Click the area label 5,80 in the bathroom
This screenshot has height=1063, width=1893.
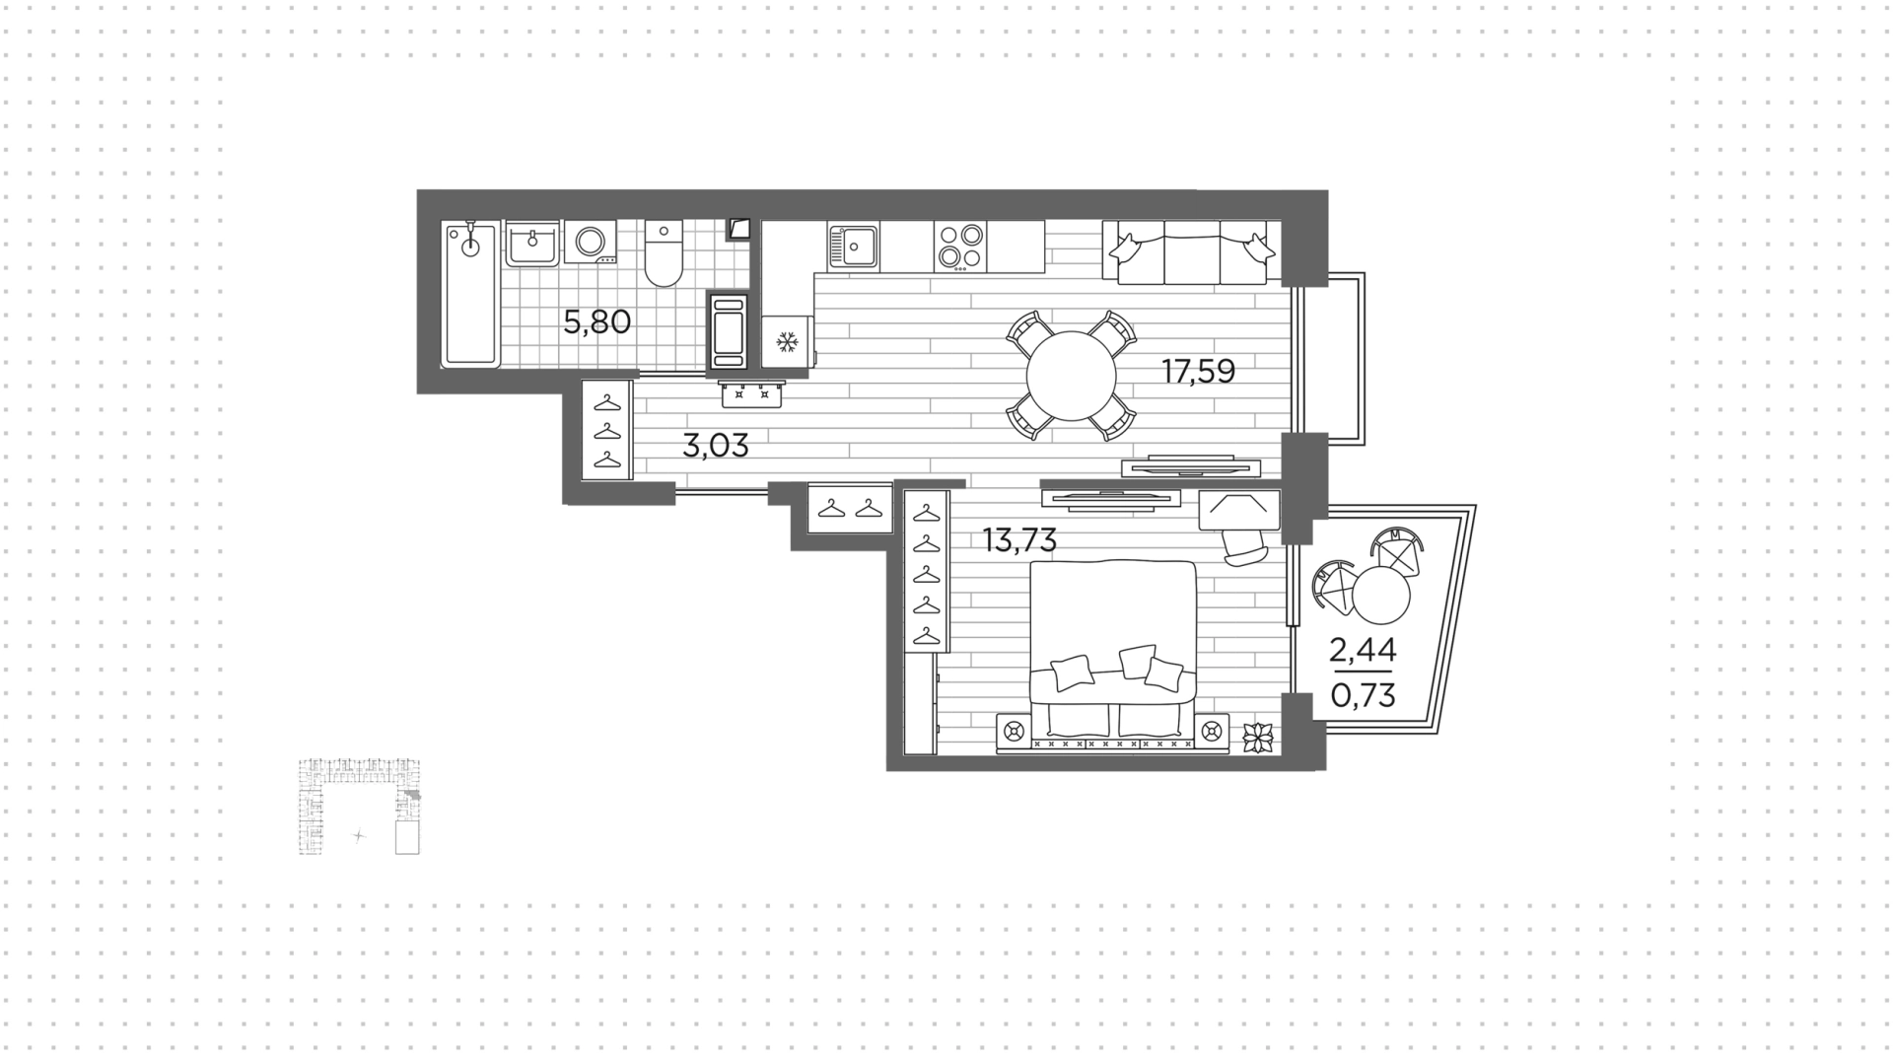[596, 321]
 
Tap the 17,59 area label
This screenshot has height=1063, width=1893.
[1198, 372]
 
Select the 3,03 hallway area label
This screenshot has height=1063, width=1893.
[716, 446]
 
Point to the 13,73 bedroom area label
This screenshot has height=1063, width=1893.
[1019, 540]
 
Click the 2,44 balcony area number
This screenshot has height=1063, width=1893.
[1364, 651]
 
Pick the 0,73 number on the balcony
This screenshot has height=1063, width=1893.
[1364, 696]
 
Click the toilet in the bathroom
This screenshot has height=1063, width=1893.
[664, 253]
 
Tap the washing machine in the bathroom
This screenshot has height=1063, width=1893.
[592, 243]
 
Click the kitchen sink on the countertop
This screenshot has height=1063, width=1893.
[854, 246]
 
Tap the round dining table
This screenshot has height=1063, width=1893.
[1071, 376]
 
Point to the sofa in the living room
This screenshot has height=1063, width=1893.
[1191, 252]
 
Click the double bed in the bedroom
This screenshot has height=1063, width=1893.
[1113, 648]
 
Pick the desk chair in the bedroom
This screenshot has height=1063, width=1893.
[1243, 544]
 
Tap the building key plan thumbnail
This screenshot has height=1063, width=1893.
[360, 806]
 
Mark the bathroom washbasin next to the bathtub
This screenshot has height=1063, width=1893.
[532, 244]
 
